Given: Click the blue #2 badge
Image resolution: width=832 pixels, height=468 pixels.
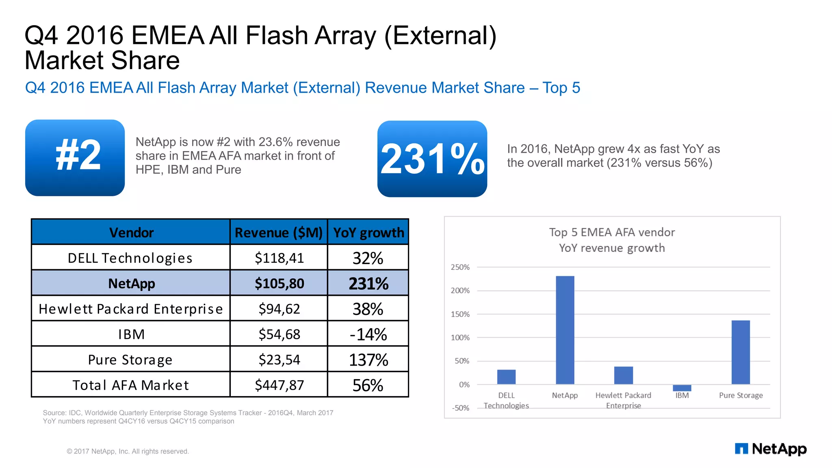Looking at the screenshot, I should pos(75,158).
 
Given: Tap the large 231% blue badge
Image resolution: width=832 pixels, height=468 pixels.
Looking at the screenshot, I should pos(432,159).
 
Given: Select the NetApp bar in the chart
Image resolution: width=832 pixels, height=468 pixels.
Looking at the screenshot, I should pos(565,330).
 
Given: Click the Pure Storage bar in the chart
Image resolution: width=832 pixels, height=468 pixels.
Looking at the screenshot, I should pos(740,352).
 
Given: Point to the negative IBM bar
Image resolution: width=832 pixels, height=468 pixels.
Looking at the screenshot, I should pos(682,388).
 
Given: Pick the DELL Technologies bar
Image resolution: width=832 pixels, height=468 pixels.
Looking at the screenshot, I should pos(506,377).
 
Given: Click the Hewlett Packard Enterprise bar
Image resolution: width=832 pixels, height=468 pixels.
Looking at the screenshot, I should pos(623,375).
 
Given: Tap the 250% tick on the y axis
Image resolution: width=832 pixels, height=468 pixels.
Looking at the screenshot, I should pos(460,267).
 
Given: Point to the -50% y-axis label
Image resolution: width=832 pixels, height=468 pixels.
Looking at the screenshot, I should pos(460,408).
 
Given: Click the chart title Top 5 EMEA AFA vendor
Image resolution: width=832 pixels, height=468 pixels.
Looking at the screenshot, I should pos(612,232).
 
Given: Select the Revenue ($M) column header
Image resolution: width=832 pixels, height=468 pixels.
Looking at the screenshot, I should pos(278,232).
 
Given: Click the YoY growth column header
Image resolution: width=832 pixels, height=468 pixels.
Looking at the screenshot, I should pos(368,232).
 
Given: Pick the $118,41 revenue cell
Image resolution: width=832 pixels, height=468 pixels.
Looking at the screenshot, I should pos(279,258).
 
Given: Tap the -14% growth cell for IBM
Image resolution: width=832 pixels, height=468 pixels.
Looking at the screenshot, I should pos(368,334).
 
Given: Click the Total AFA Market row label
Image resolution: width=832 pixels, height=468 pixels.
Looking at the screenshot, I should pos(130,385).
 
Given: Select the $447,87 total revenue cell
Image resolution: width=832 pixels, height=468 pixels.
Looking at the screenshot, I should pos(279,385).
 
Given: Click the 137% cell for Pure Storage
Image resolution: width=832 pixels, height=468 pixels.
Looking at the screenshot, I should pos(368,360).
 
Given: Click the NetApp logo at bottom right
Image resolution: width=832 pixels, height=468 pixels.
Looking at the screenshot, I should pos(770,449).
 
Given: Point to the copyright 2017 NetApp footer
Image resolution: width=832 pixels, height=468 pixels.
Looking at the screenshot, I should pos(128,451).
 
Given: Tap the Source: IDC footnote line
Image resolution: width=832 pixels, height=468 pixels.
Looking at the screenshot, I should pos(188,413).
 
